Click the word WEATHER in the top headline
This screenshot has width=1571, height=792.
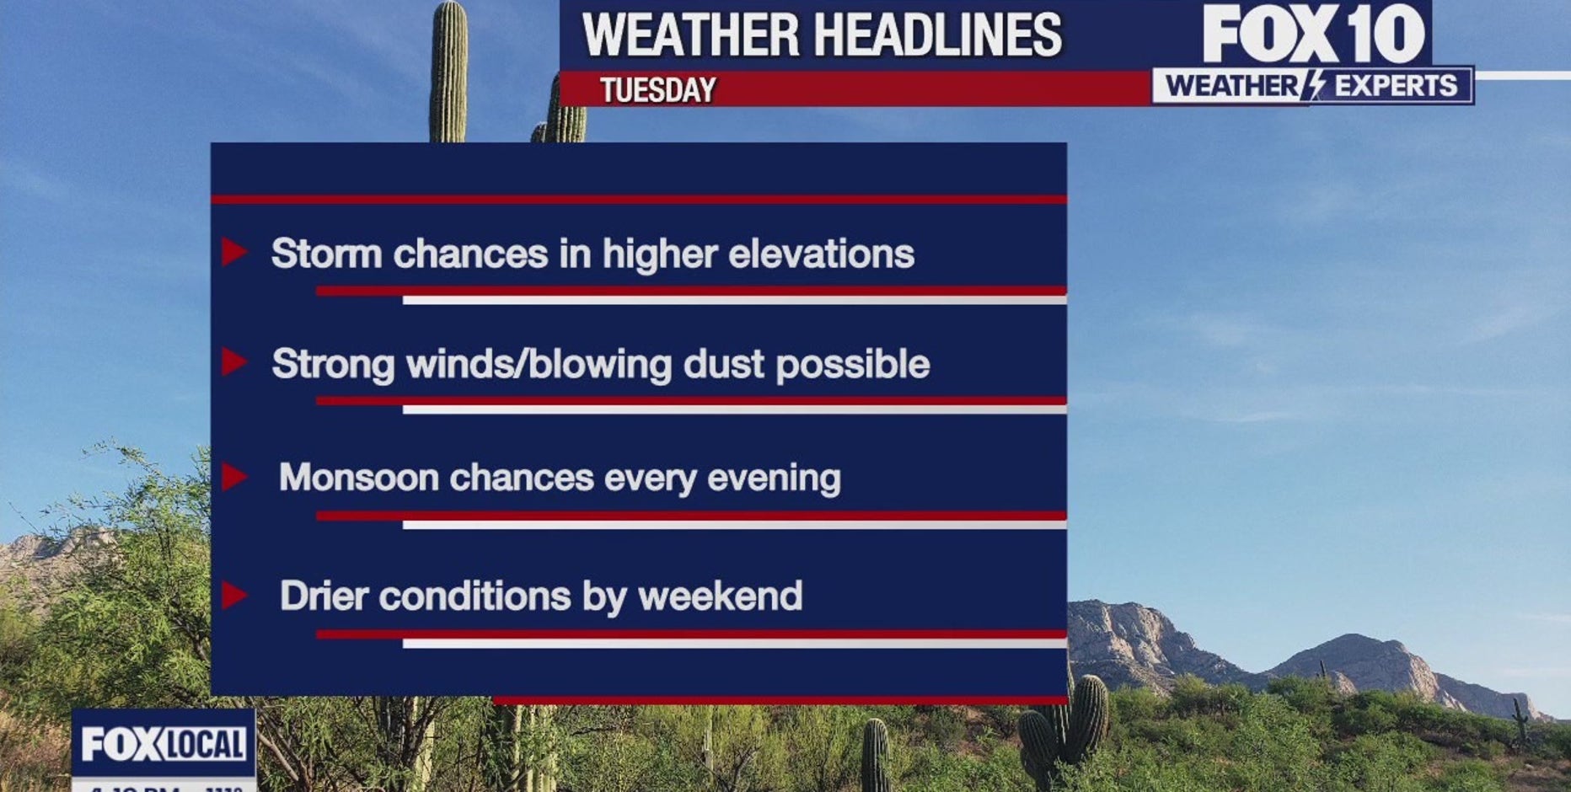coord(690,35)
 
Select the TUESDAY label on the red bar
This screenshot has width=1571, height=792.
coord(657,89)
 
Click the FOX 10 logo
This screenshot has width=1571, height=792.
coord(1312,34)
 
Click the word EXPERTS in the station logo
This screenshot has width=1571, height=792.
coord(1396,86)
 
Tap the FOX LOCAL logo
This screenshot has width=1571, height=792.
coord(164,744)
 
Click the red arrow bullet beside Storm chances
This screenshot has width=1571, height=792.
coord(233,251)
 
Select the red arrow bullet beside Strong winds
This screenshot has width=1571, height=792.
coord(233,362)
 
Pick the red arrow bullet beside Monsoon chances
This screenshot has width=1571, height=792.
coord(233,477)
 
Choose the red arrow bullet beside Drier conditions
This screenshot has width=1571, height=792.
coord(233,595)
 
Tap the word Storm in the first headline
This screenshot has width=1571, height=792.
coord(326,254)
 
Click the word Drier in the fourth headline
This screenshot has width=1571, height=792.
coord(324,596)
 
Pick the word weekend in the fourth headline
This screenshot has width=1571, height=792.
coord(720,596)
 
